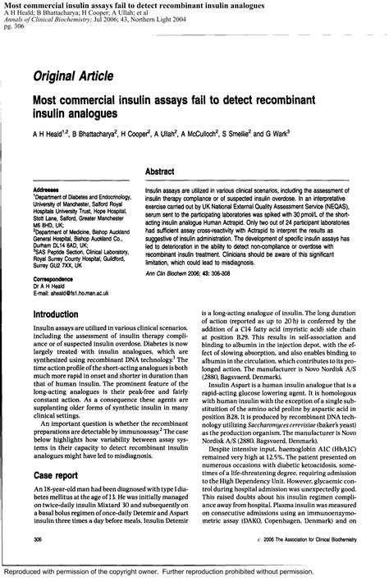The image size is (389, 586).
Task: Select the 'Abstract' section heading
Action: [162, 171]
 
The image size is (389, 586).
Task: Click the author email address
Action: [76, 293]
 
